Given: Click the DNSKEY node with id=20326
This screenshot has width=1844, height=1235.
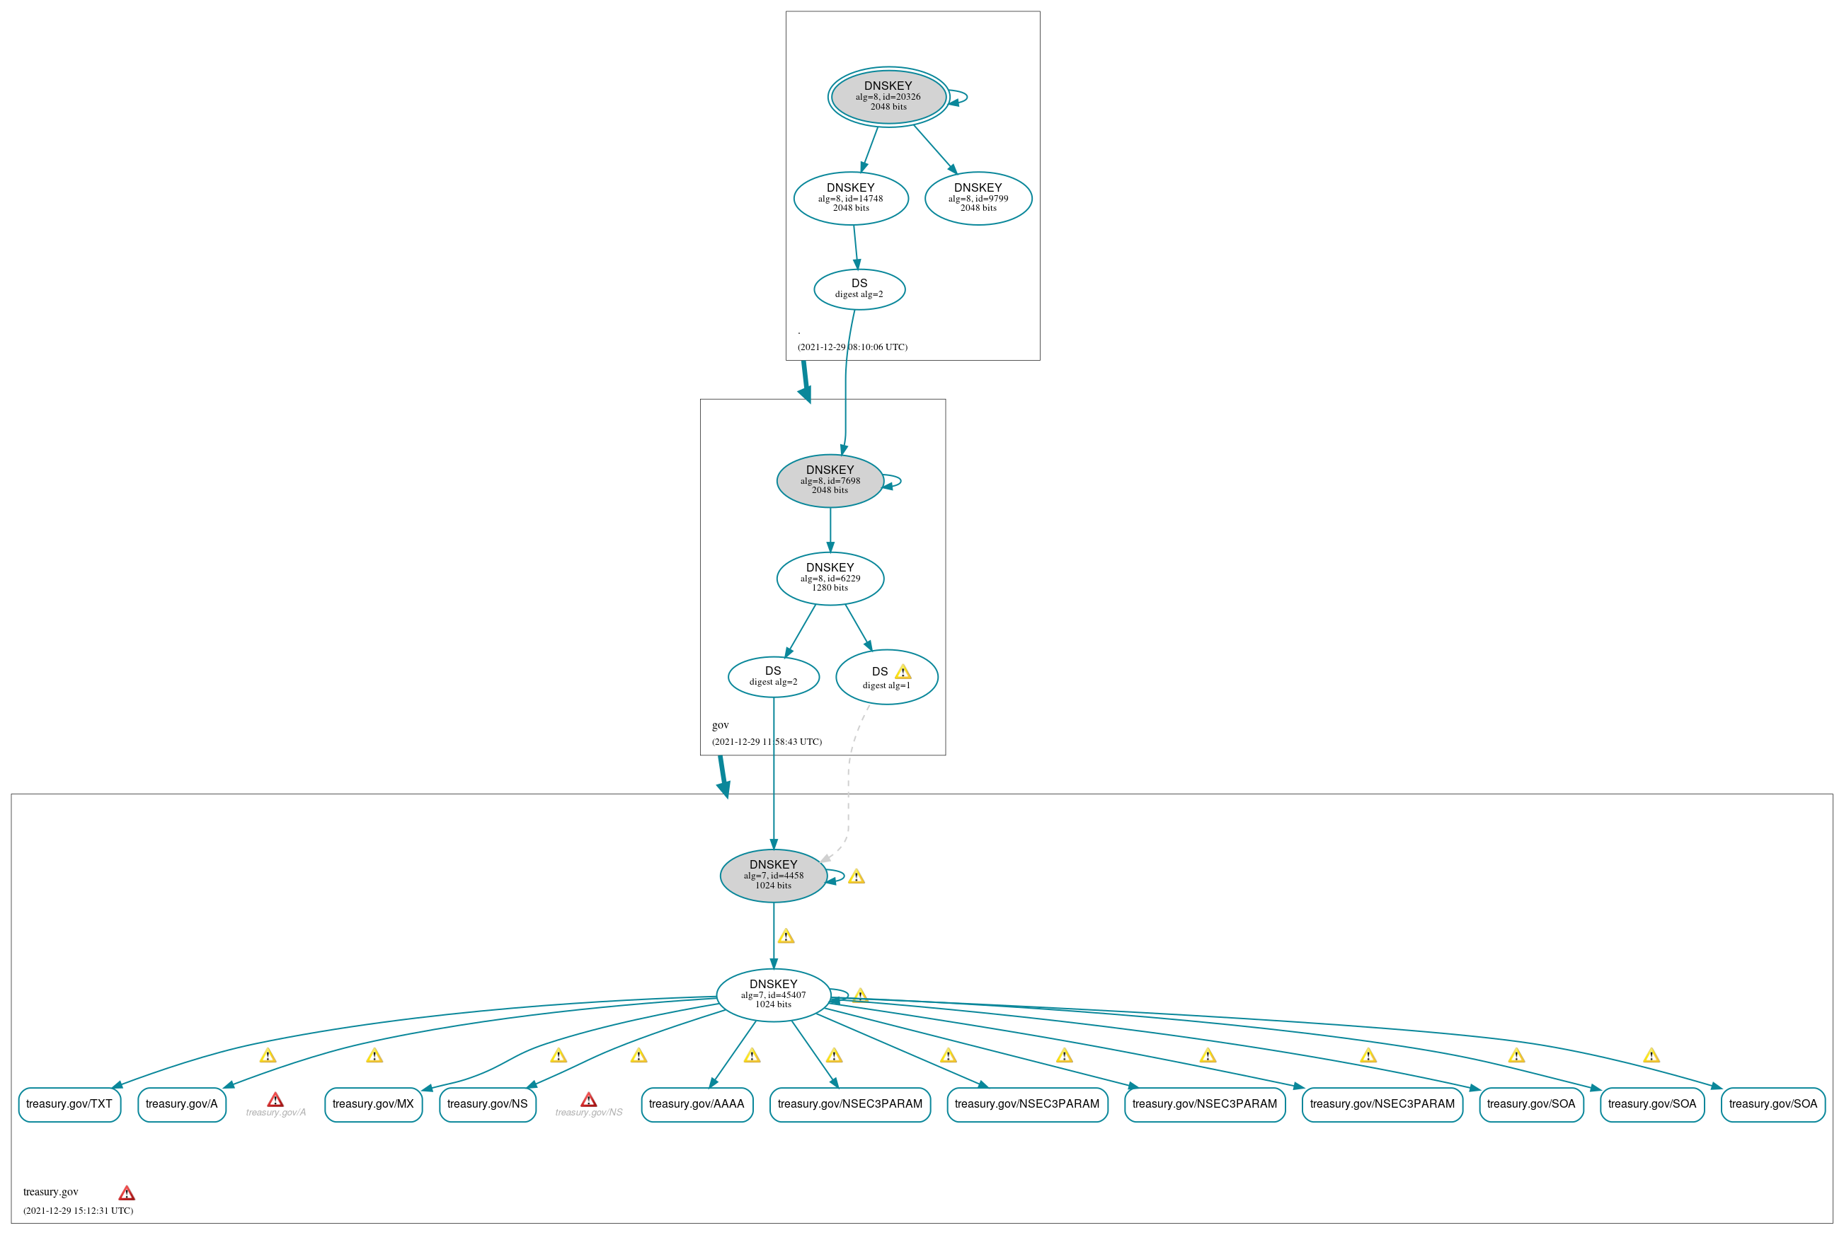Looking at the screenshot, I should pyautogui.click(x=888, y=96).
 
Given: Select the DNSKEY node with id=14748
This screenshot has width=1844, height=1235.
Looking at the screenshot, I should pyautogui.click(x=850, y=197).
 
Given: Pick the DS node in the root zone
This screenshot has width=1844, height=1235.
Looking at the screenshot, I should pyautogui.click(x=859, y=289).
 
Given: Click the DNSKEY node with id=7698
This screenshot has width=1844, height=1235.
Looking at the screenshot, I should pyautogui.click(x=830, y=480).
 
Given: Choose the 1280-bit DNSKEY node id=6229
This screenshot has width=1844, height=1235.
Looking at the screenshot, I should pyautogui.click(x=830, y=578).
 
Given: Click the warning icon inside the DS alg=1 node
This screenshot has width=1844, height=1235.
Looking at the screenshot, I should pyautogui.click(x=903, y=672).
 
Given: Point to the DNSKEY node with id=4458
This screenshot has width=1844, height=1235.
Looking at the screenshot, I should pyautogui.click(x=773, y=875).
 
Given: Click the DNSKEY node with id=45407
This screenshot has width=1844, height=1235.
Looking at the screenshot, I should pyautogui.click(x=773, y=995).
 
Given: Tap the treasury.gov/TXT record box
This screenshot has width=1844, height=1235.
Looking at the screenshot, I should pyautogui.click(x=69, y=1104).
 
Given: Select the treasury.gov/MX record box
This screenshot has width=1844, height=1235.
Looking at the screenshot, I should pyautogui.click(x=373, y=1104).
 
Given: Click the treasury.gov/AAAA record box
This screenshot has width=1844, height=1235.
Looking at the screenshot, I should pyautogui.click(x=697, y=1104).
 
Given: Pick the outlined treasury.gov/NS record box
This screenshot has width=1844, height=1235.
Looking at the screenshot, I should pyautogui.click(x=487, y=1104).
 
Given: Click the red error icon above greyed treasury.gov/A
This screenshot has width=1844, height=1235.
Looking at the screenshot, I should pyautogui.click(x=275, y=1099).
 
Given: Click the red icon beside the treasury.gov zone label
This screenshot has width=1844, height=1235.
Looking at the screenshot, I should pyautogui.click(x=126, y=1193).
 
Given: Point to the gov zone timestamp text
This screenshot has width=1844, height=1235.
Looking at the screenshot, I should pyautogui.click(x=766, y=742).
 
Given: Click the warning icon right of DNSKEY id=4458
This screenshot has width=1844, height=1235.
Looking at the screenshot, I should pyautogui.click(x=856, y=876).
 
